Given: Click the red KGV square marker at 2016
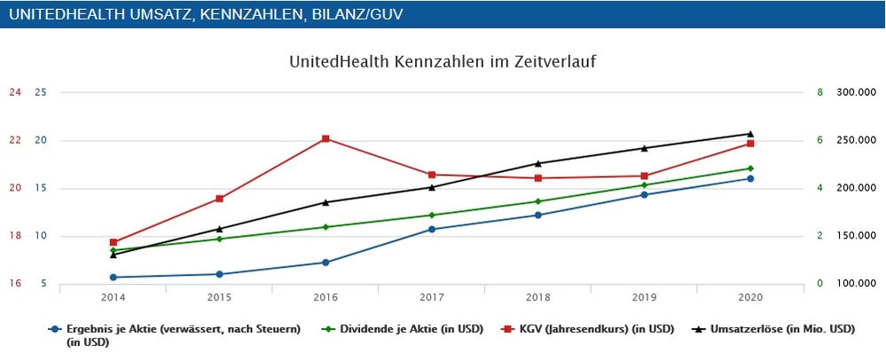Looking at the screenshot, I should [x=325, y=138].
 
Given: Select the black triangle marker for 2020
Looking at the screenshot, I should [x=750, y=133].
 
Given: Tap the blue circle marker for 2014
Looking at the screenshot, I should [x=114, y=278].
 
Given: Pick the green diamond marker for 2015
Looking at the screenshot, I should [x=220, y=239].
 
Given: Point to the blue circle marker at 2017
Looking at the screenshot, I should [x=432, y=229].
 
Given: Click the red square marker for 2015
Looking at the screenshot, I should [x=220, y=199].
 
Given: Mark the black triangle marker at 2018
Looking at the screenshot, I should [x=538, y=163].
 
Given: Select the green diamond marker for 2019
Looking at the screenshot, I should [x=644, y=184].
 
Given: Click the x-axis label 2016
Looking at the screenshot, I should [x=325, y=297].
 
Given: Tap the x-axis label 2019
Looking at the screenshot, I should [x=644, y=297].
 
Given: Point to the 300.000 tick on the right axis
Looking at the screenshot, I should [x=857, y=92].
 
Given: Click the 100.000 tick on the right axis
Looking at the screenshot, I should [x=857, y=284].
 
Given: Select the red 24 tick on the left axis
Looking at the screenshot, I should [x=15, y=92].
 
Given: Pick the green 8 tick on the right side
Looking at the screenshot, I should [x=819, y=92].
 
